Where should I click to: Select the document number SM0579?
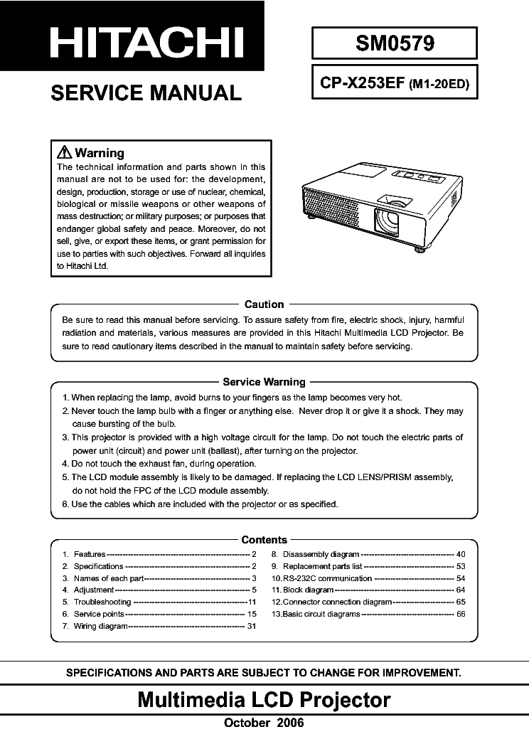pyautogui.click(x=394, y=43)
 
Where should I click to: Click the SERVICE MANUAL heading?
pyautogui.click(x=146, y=93)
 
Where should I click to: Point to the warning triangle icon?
pyautogui.click(x=64, y=152)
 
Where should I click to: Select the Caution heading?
pyautogui.click(x=264, y=304)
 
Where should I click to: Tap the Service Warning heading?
pyautogui.click(x=264, y=382)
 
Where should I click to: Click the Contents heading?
pyautogui.click(x=264, y=540)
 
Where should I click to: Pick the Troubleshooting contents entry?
pyautogui.click(x=102, y=601)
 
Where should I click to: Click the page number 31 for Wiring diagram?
pyautogui.click(x=251, y=626)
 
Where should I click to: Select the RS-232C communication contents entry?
pyautogui.click(x=326, y=578)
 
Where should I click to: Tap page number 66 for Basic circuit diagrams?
pyautogui.click(x=461, y=614)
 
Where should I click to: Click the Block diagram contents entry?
pyautogui.click(x=308, y=590)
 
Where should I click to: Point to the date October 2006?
pyautogui.click(x=264, y=723)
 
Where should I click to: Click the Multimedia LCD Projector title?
pyautogui.click(x=264, y=700)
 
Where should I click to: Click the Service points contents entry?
pyautogui.click(x=99, y=613)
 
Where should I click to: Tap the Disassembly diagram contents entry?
pyautogui.click(x=321, y=553)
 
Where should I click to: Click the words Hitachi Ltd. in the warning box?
pyautogui.click(x=82, y=266)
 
